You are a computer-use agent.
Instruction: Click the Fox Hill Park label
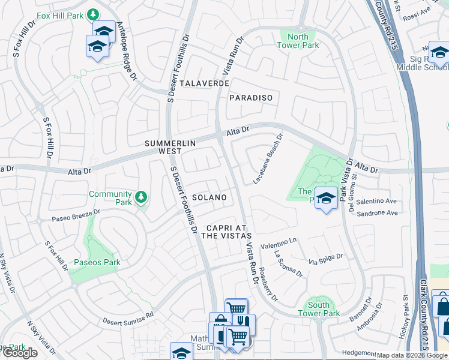pyautogui.click(x=60, y=14)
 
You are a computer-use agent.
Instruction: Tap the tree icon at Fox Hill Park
pyautogui.click(x=93, y=14)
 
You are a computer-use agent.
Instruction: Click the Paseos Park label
pyautogui.click(x=97, y=262)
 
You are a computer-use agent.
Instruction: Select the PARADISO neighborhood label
pyautogui.click(x=251, y=98)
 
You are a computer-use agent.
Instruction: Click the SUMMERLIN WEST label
pyautogui.click(x=163, y=148)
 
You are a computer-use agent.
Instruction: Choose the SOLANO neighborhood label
pyautogui.click(x=210, y=197)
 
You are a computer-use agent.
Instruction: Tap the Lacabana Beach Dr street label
pyautogui.click(x=268, y=159)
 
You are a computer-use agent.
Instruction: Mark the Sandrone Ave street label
pyautogui.click(x=377, y=213)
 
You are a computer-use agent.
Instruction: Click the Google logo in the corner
pyautogui.click(x=20, y=353)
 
